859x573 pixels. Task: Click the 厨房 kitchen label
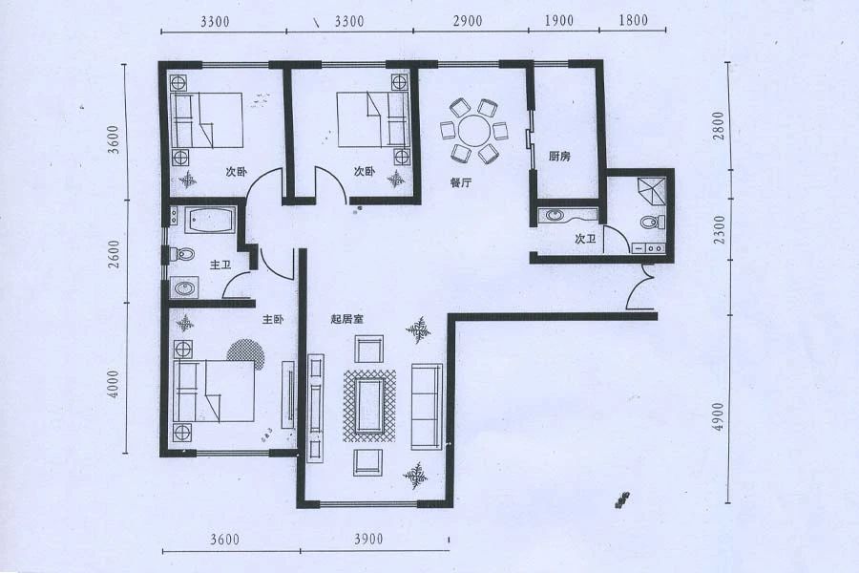tap(559, 157)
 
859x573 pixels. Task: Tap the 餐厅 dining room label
tap(461, 183)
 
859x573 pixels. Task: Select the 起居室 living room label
tap(347, 319)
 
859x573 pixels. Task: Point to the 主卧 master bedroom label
tap(273, 319)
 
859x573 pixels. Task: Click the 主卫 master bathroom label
tap(220, 265)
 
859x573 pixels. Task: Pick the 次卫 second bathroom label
tap(585, 239)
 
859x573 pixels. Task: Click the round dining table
tap(475, 131)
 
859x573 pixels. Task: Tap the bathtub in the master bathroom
tap(211, 220)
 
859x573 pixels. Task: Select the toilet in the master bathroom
tap(182, 255)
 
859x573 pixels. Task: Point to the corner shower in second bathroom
tap(652, 190)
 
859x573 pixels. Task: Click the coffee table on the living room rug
tap(369, 405)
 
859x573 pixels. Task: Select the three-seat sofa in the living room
tap(427, 406)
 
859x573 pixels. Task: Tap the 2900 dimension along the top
tap(468, 21)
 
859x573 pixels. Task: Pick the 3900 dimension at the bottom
tap(368, 540)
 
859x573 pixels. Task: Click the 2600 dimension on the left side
tap(114, 254)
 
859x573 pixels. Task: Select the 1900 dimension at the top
tap(558, 21)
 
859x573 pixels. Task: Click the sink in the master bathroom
tap(184, 287)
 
